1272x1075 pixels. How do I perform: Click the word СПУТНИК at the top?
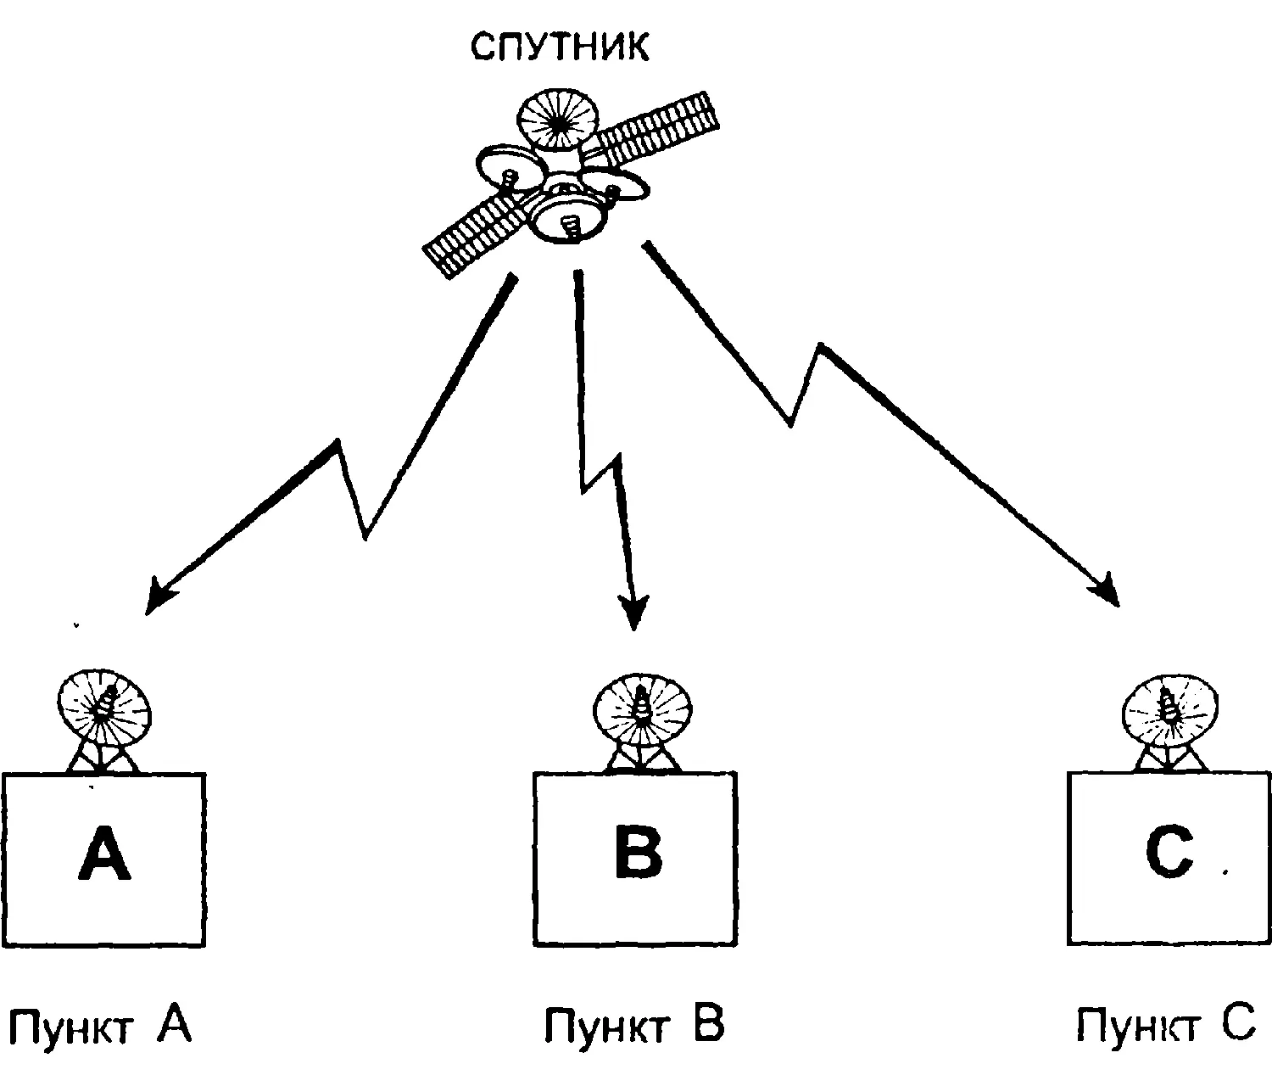(561, 48)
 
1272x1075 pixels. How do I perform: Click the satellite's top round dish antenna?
(558, 121)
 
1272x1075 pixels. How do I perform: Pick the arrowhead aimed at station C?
(1107, 591)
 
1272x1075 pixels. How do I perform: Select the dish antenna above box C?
(1171, 705)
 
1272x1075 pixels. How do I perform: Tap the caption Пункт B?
(633, 1026)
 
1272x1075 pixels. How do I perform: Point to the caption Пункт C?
(1165, 1026)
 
